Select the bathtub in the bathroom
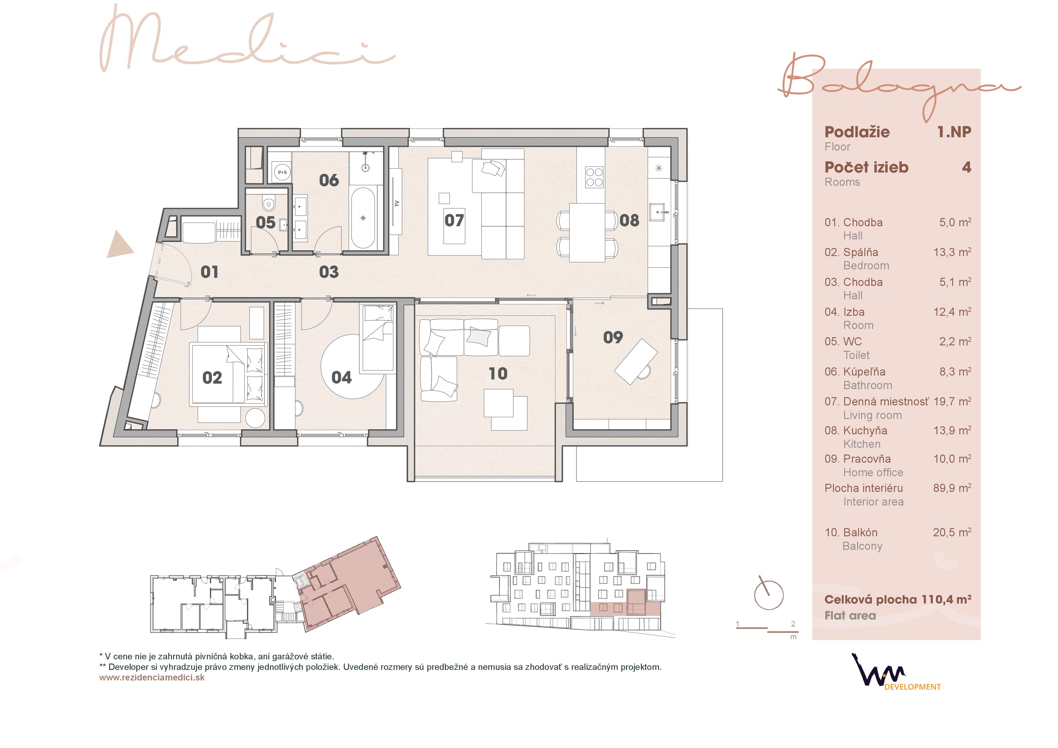363,217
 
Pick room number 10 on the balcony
498,374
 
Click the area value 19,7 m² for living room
952,401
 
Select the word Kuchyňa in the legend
865,431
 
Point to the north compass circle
768,595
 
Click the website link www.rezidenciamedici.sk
152,677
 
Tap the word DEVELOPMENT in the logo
912,687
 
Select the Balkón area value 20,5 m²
952,532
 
